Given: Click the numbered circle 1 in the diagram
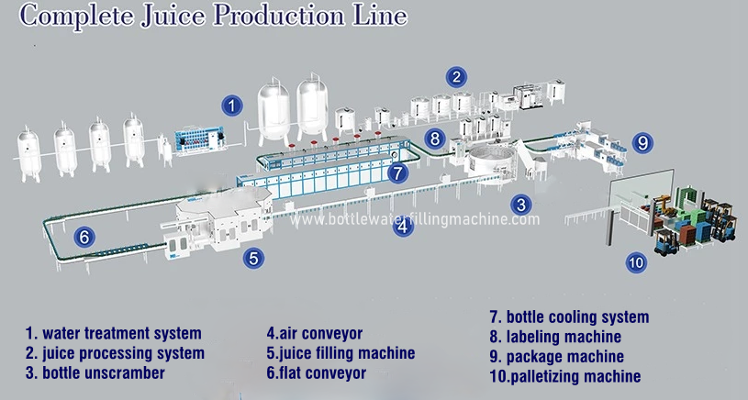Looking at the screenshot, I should click(x=234, y=106).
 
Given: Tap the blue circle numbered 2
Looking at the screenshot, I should click(x=456, y=76).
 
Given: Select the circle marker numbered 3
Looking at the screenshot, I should click(x=520, y=205).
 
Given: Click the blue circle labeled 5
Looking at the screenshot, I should click(x=254, y=258).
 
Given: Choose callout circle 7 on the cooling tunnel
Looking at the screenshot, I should click(x=396, y=172).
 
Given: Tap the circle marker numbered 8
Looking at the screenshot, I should click(x=435, y=139).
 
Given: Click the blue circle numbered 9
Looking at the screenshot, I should click(x=643, y=142).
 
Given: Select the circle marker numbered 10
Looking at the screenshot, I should click(x=636, y=262).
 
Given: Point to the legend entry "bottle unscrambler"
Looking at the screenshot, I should click(x=101, y=372).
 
